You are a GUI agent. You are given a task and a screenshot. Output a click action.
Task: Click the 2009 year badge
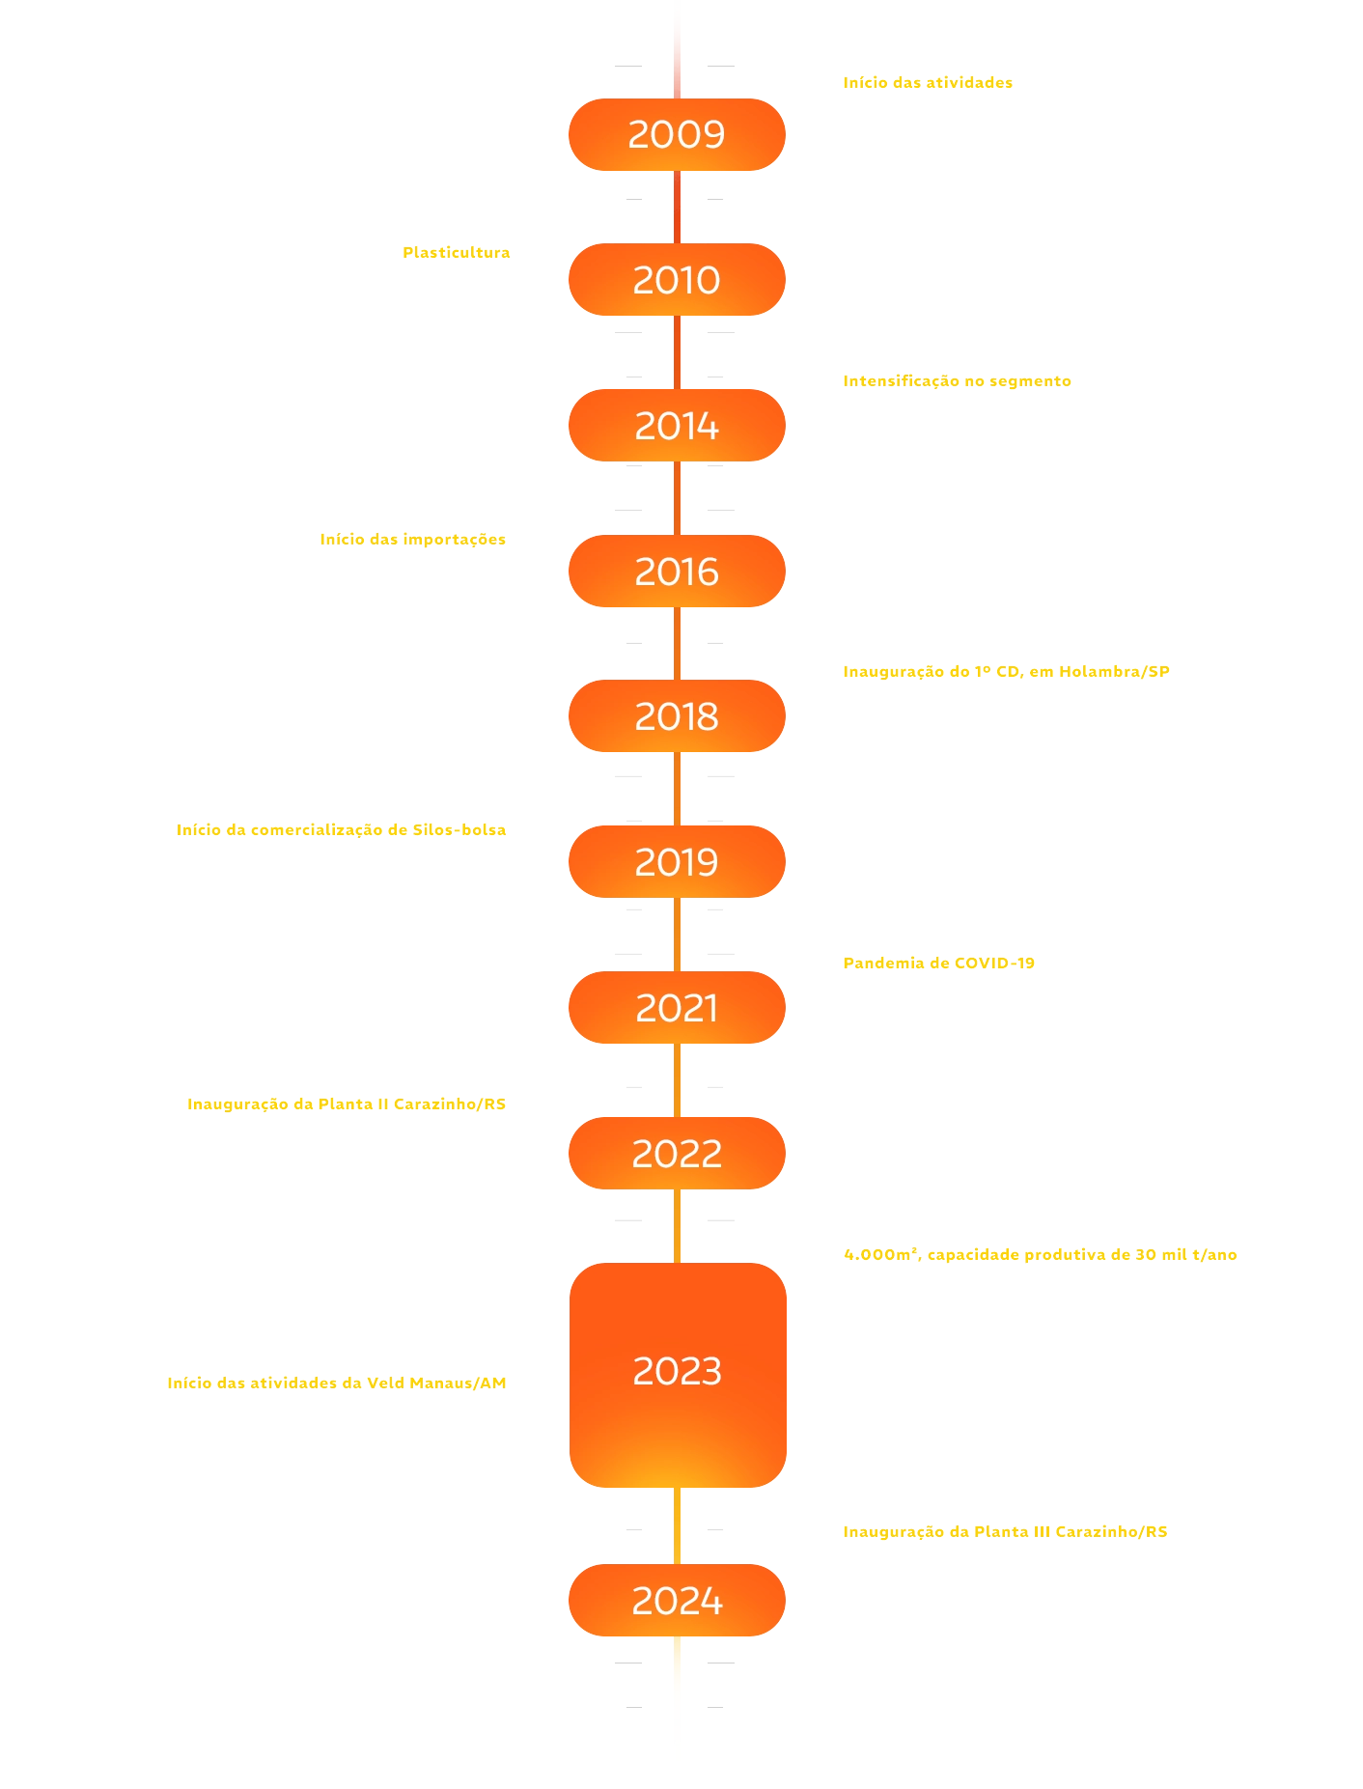[677, 134]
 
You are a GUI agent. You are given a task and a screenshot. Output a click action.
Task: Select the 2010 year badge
[677, 280]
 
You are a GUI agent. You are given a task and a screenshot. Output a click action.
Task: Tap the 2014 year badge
[677, 426]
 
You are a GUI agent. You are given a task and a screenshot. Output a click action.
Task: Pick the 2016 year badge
[677, 572]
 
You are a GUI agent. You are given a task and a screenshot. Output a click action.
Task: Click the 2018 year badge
[677, 716]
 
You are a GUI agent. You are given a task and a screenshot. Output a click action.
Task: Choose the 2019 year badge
[677, 862]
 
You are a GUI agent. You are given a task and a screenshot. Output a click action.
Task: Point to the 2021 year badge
[677, 1008]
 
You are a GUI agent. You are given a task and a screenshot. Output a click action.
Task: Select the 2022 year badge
[677, 1153]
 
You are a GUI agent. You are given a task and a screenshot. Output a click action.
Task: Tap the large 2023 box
[678, 1372]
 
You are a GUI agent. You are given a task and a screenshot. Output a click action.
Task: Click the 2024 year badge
[677, 1601]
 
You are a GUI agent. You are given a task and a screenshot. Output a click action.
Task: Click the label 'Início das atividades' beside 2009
[928, 83]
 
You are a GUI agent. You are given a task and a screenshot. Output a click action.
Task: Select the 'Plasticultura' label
[456, 253]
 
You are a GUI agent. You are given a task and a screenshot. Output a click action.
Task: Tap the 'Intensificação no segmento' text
[957, 380]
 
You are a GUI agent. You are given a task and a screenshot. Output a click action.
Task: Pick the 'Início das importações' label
[413, 540]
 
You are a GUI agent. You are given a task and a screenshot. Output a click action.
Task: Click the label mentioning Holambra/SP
[1006, 672]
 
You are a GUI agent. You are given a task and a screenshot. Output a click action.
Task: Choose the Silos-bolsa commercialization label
[342, 830]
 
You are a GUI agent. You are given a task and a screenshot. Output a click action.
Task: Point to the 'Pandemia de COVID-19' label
[938, 964]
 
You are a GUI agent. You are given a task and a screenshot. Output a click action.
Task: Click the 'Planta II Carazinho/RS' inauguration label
[347, 1104]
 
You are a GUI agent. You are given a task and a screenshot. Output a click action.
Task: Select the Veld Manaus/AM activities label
[337, 1384]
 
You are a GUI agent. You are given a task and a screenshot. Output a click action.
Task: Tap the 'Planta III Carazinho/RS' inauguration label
[1005, 1532]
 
